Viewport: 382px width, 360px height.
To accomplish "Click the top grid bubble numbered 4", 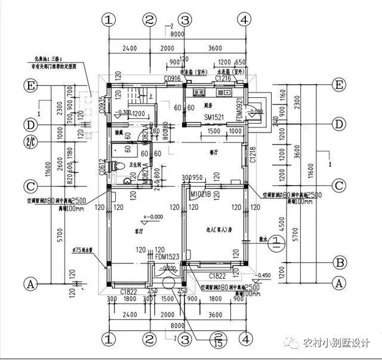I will click(243, 19).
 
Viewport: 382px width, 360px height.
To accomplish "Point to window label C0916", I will click(172, 79).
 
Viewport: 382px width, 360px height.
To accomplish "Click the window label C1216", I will click(223, 79).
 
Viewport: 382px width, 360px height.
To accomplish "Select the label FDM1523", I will click(168, 257).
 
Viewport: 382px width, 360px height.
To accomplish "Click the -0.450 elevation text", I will click(263, 276).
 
